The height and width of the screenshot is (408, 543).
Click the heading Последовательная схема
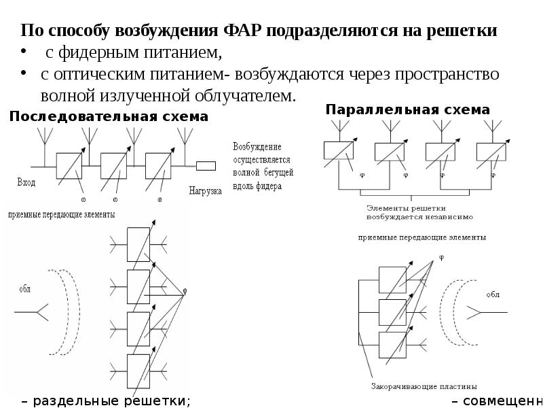(109, 117)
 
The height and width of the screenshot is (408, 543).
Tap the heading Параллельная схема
(407, 109)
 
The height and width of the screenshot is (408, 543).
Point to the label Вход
(26, 182)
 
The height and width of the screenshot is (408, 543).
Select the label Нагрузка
(206, 191)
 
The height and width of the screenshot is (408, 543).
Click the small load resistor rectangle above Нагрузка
(206, 166)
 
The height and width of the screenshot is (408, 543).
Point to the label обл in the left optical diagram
(25, 288)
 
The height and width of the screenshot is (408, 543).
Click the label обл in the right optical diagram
(493, 294)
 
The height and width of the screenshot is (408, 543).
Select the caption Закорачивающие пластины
(424, 386)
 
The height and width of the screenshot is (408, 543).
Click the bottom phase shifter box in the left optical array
(138, 368)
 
